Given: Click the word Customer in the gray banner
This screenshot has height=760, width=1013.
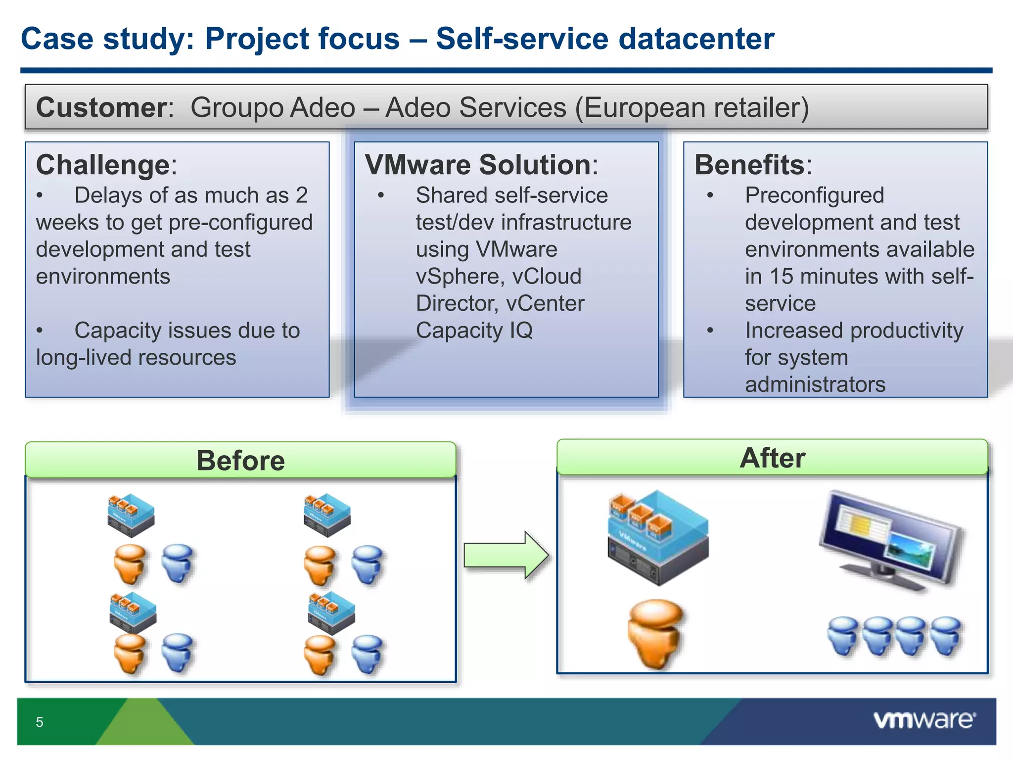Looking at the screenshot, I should point(102,107).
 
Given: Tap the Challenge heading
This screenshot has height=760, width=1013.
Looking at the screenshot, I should point(103,165).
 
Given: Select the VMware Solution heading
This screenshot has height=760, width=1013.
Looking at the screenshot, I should point(477,165).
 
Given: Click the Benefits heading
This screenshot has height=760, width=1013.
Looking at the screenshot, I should point(750,165).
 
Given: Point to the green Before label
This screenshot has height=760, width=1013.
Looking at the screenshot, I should point(240,460).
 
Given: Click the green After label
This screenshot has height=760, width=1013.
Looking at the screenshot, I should point(772,458).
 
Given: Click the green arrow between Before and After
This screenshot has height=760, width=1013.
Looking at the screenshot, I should point(506,555).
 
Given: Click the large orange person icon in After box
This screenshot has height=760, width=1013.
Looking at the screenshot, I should point(655,633).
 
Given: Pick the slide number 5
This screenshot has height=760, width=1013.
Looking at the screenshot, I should point(40,722).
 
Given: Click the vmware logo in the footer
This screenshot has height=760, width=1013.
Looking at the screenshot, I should point(924,720).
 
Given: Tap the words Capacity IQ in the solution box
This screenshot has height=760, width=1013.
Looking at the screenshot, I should point(474,331).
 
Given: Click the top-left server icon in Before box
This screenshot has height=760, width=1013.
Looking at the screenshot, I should point(131,515).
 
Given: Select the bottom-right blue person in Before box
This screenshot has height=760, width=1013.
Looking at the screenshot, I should point(367,654).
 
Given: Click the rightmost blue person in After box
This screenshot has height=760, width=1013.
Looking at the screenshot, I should point(946,636).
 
